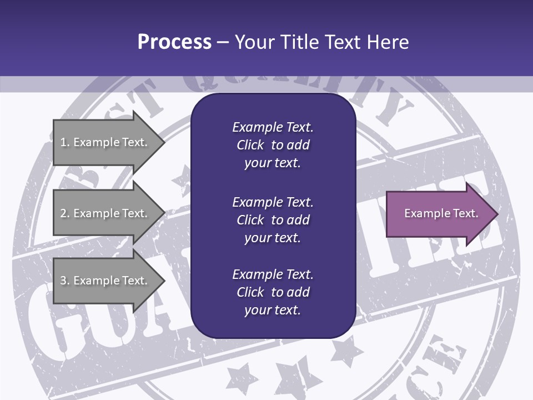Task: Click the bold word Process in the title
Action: coord(174,42)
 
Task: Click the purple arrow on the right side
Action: coord(439,213)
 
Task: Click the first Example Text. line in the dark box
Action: coord(273,127)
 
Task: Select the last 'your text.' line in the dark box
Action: coord(273,310)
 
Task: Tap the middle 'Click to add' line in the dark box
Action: coord(273,220)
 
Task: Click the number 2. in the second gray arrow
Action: coord(64,213)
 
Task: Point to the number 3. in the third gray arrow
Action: coord(64,281)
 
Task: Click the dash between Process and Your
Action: coord(223,42)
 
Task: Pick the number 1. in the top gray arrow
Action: coord(64,142)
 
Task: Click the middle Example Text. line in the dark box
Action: coord(273,202)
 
